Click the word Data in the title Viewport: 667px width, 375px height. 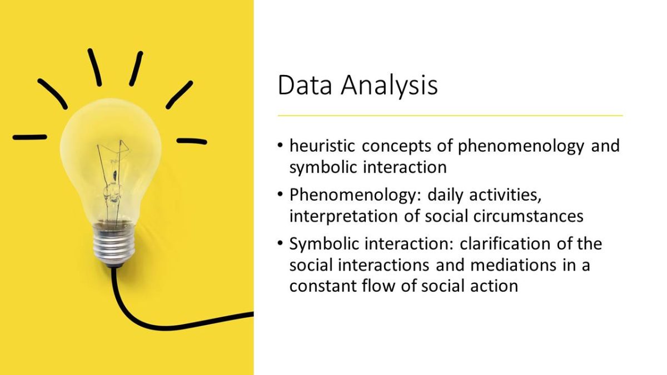click(x=305, y=85)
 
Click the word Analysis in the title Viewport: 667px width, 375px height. click(x=390, y=86)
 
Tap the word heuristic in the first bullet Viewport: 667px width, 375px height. click(x=322, y=146)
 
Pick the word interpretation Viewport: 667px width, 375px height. click(x=344, y=216)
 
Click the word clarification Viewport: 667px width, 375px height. click(x=505, y=243)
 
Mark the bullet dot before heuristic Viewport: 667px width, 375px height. click(x=280, y=146)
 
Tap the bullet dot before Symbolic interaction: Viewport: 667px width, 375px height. click(x=280, y=243)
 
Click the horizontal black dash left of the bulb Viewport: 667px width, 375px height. click(x=30, y=137)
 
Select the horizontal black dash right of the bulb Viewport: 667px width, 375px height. click(x=192, y=141)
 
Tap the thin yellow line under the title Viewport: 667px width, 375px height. click(x=450, y=116)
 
